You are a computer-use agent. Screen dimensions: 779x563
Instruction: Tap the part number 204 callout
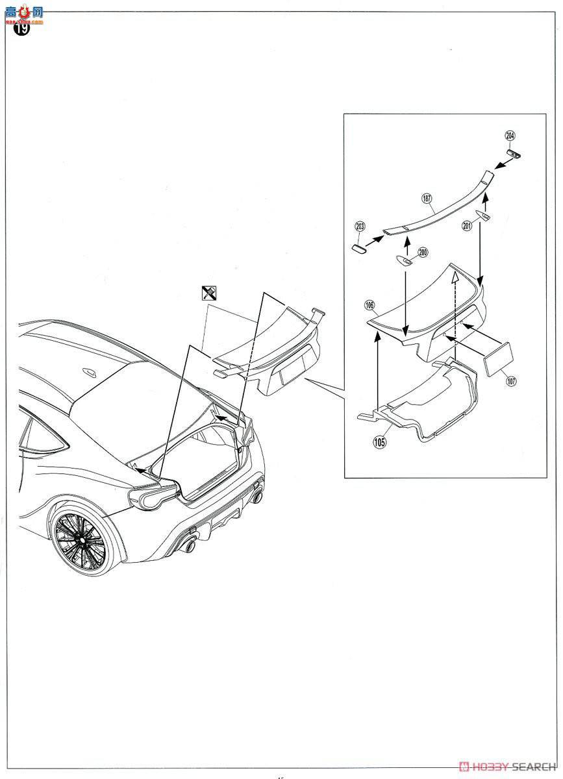coord(510,136)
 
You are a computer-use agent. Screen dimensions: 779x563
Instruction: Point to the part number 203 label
coord(360,227)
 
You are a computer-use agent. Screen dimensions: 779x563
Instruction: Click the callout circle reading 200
coord(423,253)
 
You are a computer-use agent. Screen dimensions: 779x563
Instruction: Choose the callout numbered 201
coord(467,225)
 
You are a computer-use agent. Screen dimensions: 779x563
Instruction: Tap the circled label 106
coord(369,304)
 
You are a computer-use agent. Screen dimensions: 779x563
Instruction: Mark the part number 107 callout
coord(511,381)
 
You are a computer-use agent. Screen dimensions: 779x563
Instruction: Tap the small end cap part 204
coord(516,154)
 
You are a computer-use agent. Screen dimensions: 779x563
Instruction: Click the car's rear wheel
coord(82,538)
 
